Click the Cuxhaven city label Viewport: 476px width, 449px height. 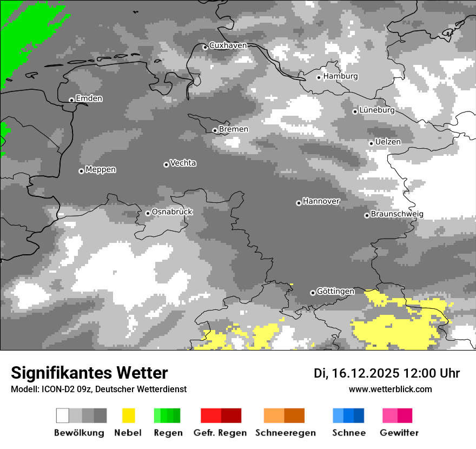click(x=228, y=45)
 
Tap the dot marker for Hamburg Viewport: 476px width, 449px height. click(x=319, y=77)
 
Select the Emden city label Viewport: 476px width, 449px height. click(x=89, y=98)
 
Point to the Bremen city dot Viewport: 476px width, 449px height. click(x=215, y=130)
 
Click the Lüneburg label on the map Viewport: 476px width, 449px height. click(x=377, y=110)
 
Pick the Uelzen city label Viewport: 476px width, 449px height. click(x=388, y=142)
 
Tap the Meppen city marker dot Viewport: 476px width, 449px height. click(x=81, y=171)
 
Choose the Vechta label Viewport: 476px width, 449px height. click(x=183, y=163)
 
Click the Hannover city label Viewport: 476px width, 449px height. click(x=321, y=201)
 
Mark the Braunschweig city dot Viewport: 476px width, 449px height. click(x=367, y=215)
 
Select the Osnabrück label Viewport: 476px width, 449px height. click(x=172, y=212)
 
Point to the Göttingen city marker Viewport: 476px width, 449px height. click(x=313, y=293)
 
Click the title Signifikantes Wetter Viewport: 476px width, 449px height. click(x=89, y=373)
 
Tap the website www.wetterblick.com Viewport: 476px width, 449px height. click(x=391, y=389)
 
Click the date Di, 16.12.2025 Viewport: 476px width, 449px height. click(x=356, y=373)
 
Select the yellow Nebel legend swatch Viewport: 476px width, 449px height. click(x=128, y=415)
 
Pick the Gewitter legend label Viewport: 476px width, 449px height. click(x=399, y=433)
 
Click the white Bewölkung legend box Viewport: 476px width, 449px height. click(x=63, y=415)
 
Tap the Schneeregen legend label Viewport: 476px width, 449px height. click(x=286, y=433)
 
